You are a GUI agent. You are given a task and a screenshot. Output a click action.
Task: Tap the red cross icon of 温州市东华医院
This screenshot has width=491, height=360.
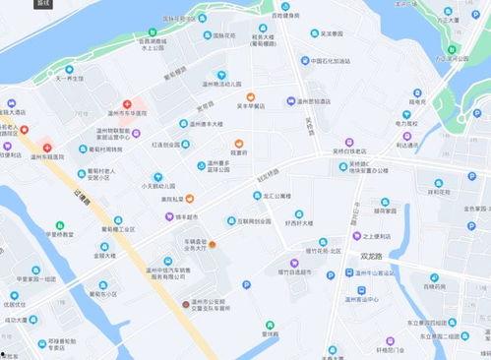pos(127,104)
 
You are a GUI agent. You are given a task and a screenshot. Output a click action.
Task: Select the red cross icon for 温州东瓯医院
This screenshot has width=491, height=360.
pos(24,130)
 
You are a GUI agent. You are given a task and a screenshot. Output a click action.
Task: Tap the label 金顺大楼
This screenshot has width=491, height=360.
pos(103,256)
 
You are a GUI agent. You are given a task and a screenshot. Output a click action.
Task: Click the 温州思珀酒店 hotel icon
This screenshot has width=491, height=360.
pos(290,101)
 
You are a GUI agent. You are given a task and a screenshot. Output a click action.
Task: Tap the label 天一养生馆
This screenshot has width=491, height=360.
pos(69,78)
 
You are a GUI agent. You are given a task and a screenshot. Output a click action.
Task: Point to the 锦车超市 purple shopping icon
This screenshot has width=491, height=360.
pos(168,215)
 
